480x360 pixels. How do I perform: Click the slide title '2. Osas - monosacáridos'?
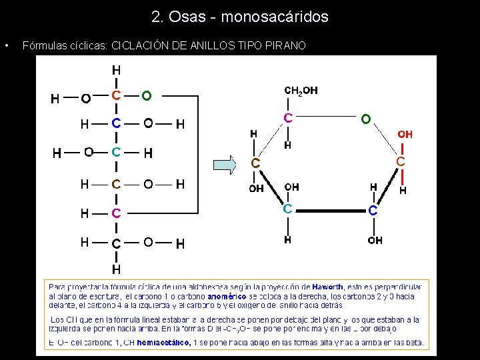pyautogui.click(x=240, y=17)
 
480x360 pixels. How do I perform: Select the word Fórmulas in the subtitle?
pyautogui.click(x=44, y=46)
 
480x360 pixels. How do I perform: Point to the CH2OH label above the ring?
pyautogui.click(x=301, y=91)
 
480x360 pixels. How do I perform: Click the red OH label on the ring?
pyautogui.click(x=405, y=134)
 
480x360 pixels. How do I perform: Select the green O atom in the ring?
pyautogui.click(x=365, y=119)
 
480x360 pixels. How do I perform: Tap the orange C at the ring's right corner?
pyautogui.click(x=400, y=162)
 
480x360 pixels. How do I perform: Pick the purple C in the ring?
pyautogui.click(x=287, y=118)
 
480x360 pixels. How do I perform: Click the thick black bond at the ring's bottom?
pyautogui.click(x=330, y=210)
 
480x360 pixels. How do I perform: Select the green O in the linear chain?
pyautogui.click(x=146, y=95)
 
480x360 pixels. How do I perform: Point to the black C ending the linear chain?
pyautogui.click(x=116, y=243)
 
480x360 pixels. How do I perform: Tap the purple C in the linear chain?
pyautogui.click(x=116, y=213)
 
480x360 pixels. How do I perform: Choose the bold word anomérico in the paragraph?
pyautogui.click(x=227, y=295)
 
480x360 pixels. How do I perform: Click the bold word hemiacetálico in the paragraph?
pyautogui.click(x=163, y=343)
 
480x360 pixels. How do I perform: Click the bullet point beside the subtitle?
pyautogui.click(x=6, y=46)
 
